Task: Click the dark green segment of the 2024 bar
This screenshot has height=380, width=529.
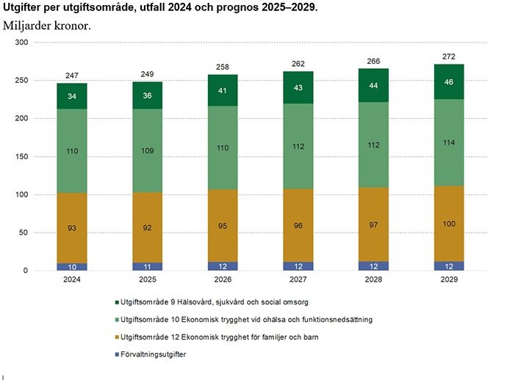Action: (x=72, y=96)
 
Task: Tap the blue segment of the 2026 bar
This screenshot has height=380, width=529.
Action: (x=223, y=266)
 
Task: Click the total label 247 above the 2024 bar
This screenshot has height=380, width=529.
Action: (x=72, y=77)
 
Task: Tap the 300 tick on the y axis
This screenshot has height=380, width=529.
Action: (x=21, y=43)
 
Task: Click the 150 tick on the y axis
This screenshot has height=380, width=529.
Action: (x=21, y=157)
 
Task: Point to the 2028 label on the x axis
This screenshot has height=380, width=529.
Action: (x=373, y=280)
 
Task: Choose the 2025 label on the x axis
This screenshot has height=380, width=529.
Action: (x=147, y=280)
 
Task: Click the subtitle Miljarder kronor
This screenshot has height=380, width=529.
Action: (x=47, y=25)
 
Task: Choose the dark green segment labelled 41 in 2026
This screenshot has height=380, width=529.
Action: (x=223, y=90)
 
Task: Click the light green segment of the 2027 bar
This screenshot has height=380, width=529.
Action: (x=298, y=146)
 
